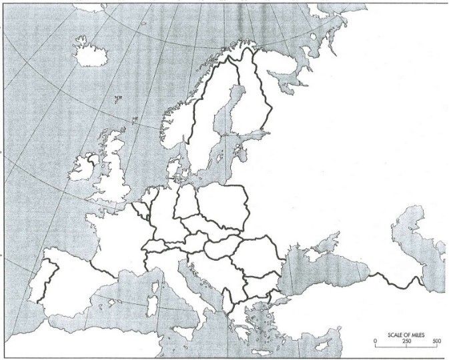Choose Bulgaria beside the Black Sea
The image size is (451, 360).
click(x=262, y=283)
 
